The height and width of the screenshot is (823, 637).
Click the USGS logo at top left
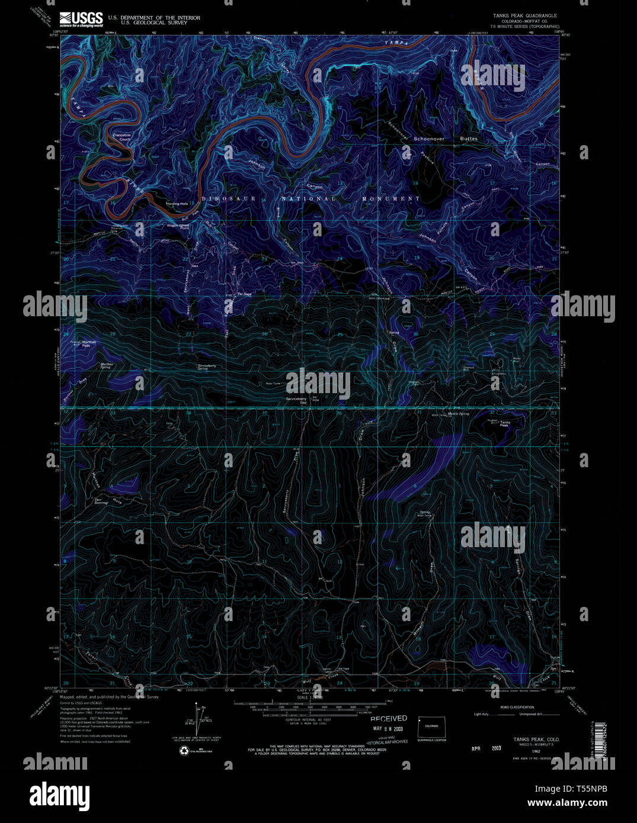click(x=81, y=18)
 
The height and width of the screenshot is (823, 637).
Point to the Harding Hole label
click(x=177, y=204)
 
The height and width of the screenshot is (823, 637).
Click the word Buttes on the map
click(x=469, y=139)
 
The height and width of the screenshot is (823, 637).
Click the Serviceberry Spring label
click(x=207, y=367)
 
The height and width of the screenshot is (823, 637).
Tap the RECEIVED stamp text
click(x=389, y=719)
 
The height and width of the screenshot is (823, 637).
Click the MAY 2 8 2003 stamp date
click(x=389, y=728)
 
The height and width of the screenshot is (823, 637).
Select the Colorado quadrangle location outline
click(x=431, y=726)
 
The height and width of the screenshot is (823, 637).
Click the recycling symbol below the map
click(x=184, y=750)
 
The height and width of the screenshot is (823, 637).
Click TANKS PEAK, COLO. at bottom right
click(x=536, y=740)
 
